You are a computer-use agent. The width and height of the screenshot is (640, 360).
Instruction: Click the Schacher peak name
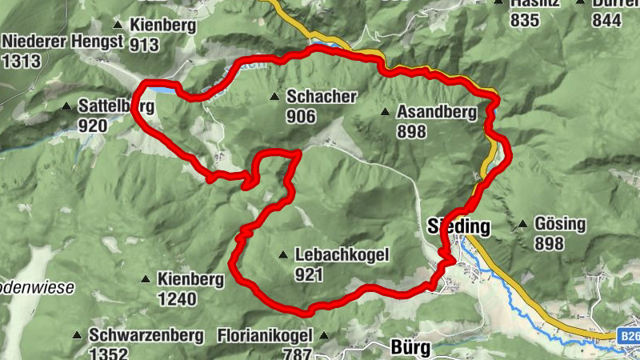click(321, 97)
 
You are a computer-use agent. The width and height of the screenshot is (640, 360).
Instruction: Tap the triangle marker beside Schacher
click(274, 97)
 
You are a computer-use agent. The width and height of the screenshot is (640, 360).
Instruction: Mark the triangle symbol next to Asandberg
click(385, 112)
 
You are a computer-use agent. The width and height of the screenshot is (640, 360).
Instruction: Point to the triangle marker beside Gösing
click(522, 224)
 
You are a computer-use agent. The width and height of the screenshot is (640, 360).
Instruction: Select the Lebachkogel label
click(342, 255)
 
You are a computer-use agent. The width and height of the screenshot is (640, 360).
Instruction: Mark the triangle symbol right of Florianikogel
click(324, 335)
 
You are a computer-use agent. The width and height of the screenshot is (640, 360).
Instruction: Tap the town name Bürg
click(410, 348)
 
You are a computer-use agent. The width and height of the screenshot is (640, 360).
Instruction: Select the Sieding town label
click(459, 225)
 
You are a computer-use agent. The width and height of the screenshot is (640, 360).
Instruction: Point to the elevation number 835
click(524, 21)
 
